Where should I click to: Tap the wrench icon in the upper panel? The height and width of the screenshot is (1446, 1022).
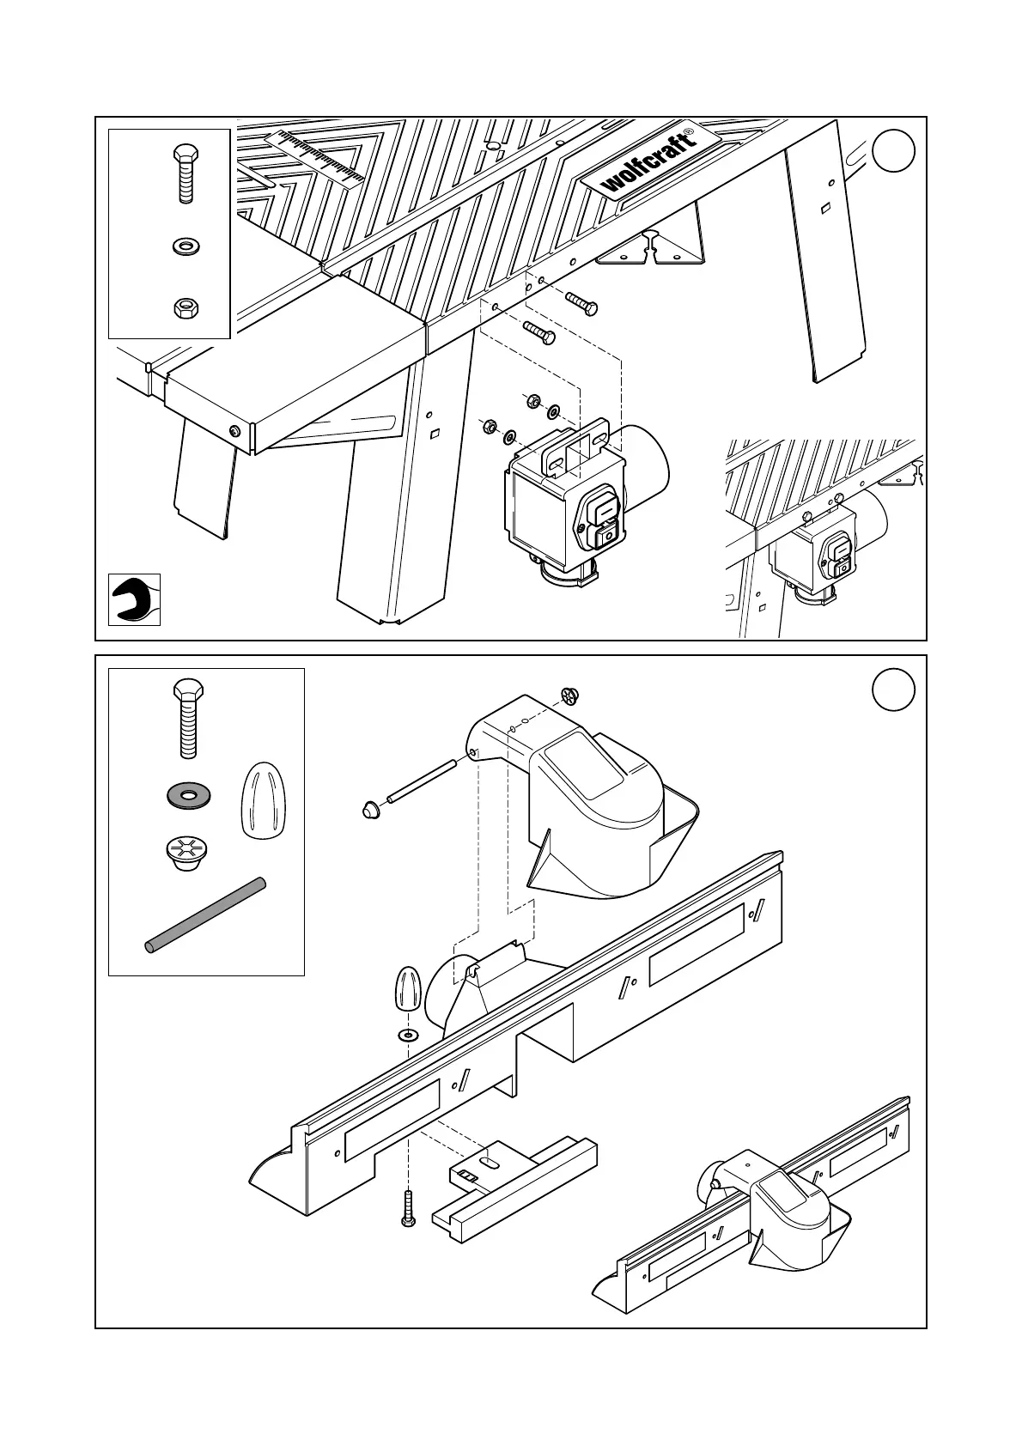point(134,599)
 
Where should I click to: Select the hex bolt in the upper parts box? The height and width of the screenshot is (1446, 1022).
point(185,173)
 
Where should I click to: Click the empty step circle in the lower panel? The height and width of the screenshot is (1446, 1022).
point(893,690)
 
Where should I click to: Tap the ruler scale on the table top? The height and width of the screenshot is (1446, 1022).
point(315,158)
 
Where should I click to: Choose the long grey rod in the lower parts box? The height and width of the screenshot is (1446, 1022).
point(205,914)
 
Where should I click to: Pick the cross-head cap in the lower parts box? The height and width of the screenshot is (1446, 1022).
point(182,853)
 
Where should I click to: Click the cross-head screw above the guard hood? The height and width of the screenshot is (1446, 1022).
point(571,696)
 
